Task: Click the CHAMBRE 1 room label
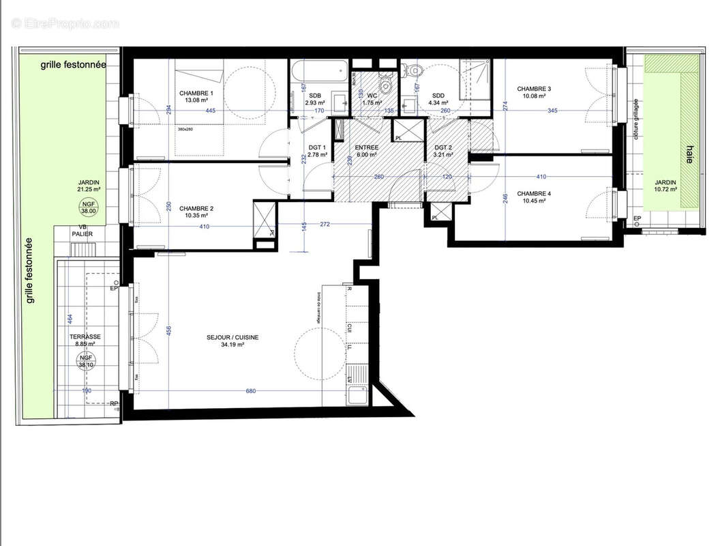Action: [196, 94]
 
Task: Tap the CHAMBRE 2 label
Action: [196, 209]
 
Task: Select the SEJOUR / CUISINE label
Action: [232, 337]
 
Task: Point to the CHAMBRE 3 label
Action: [534, 89]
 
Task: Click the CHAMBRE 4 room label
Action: [534, 193]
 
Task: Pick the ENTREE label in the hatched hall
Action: [367, 147]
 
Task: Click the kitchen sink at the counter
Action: [357, 394]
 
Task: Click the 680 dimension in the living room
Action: [250, 391]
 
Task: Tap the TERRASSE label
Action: [86, 337]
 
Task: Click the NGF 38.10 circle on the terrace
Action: [86, 361]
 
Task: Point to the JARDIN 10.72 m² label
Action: [665, 186]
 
